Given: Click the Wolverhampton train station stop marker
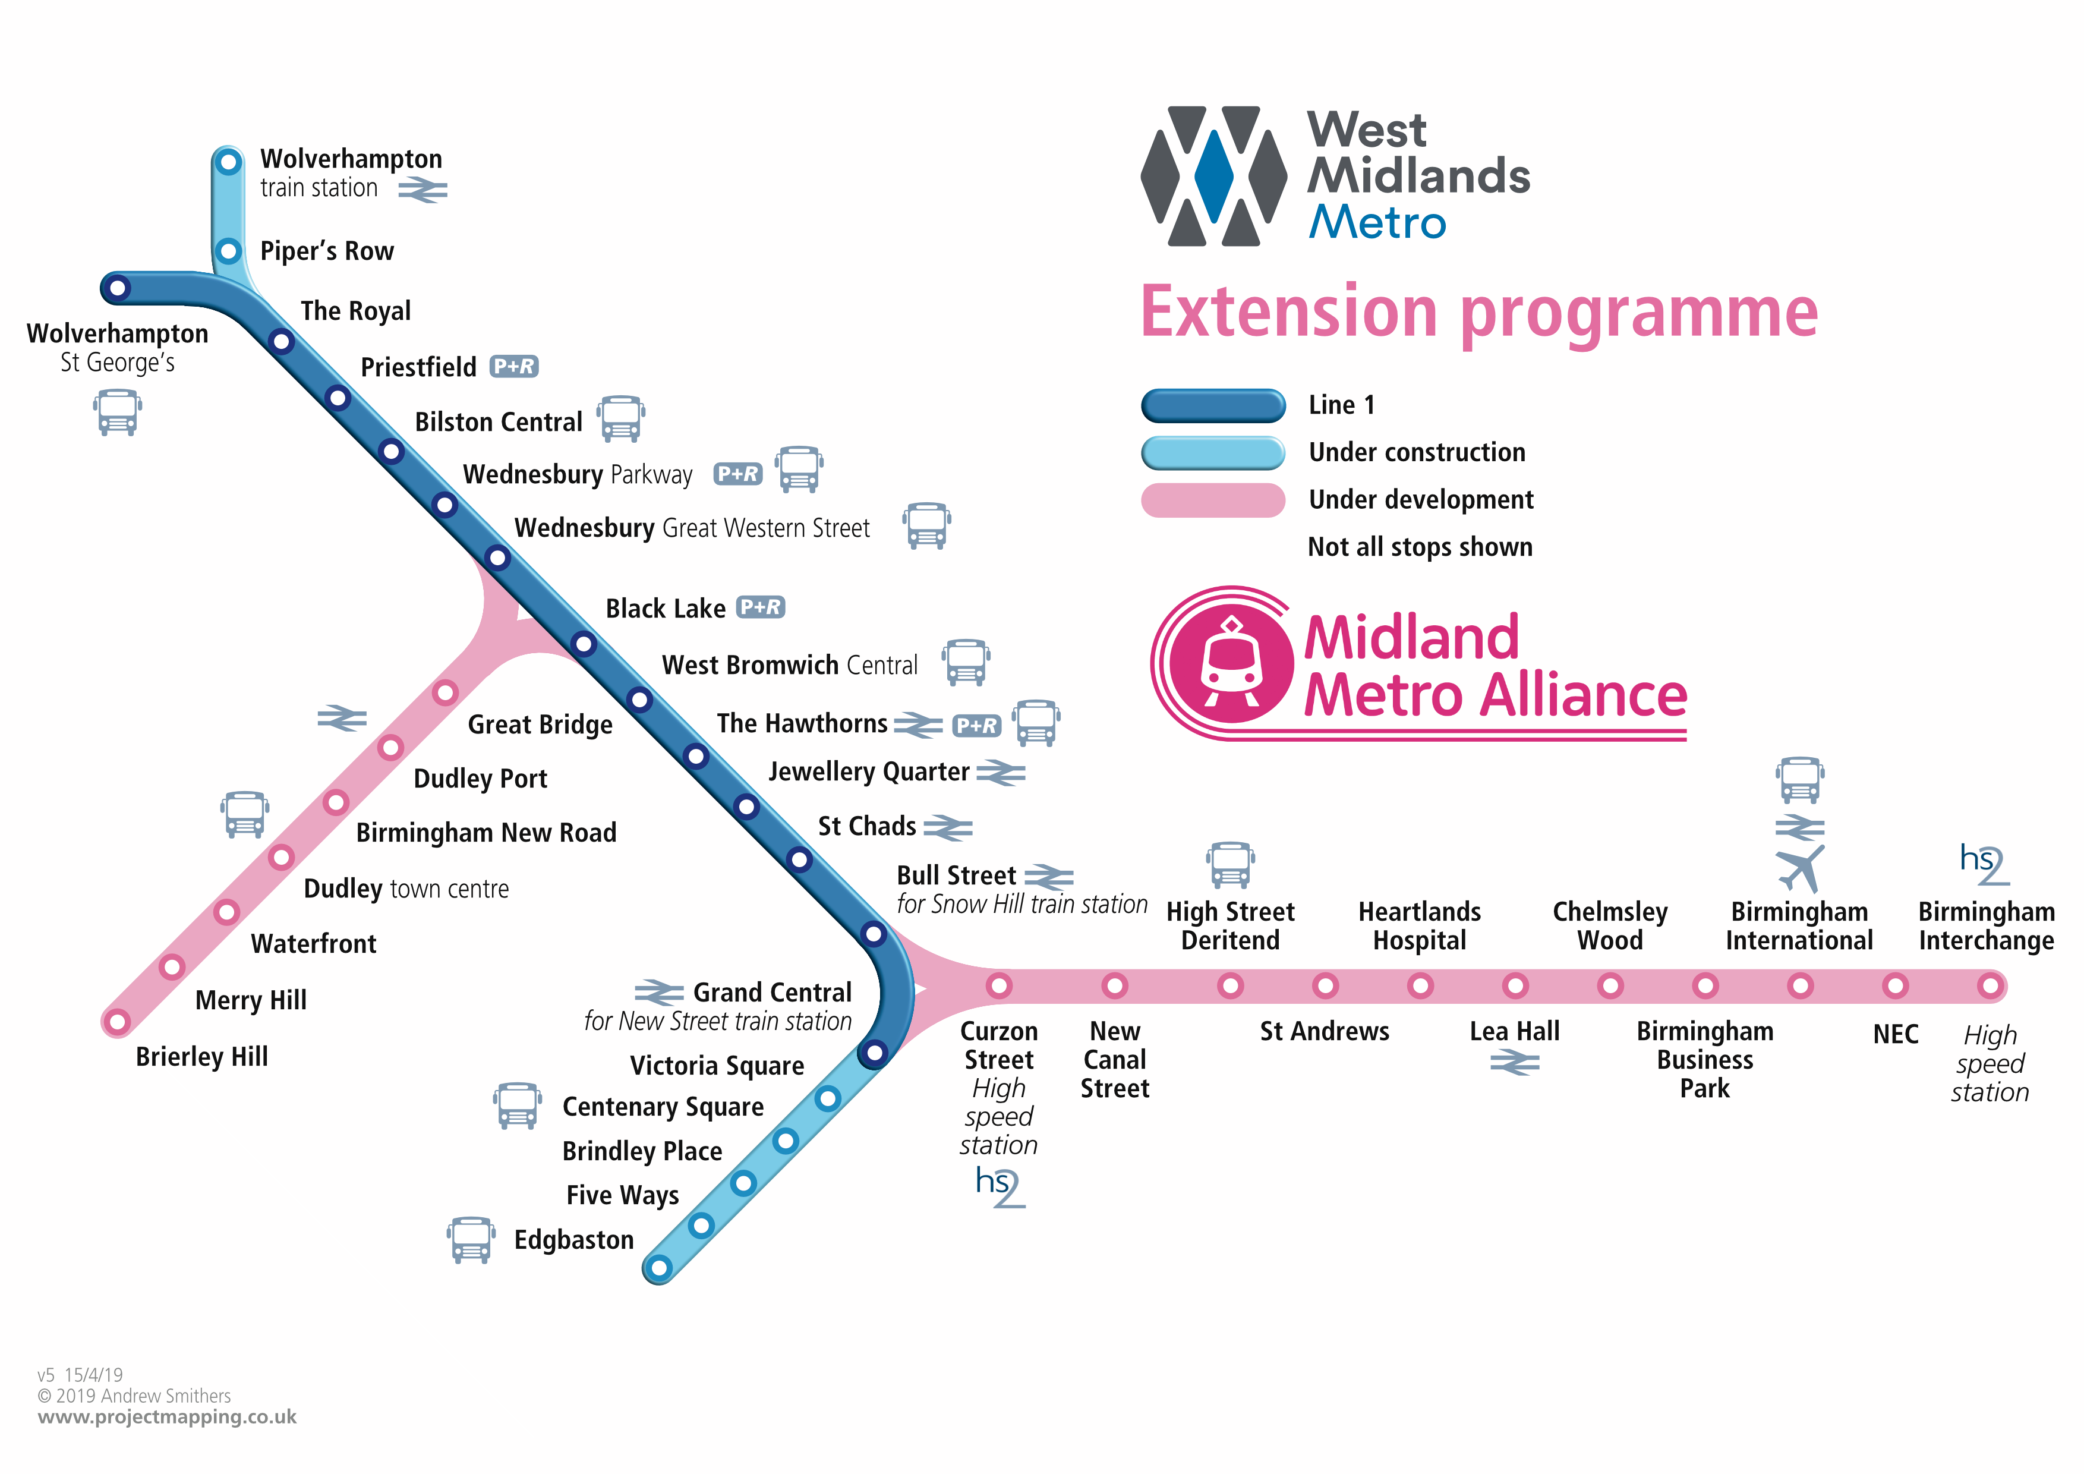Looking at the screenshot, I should [228, 162].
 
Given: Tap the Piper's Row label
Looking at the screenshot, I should [327, 251].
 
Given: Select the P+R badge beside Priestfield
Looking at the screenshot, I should [514, 367].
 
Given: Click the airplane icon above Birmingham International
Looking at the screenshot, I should [1800, 868].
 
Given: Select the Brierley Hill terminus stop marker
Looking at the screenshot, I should [117, 1023].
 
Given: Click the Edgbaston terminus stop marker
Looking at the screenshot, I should [660, 1267].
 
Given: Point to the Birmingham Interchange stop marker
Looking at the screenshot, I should [1990, 985].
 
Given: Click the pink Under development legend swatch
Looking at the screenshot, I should [1213, 500].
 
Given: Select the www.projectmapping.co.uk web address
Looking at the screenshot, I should [167, 1417].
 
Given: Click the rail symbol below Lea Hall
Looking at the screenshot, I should [1515, 1062].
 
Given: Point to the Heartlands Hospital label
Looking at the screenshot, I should [1420, 926].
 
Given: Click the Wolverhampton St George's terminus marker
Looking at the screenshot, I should [117, 289].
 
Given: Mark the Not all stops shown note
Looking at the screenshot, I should [1420, 547].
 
